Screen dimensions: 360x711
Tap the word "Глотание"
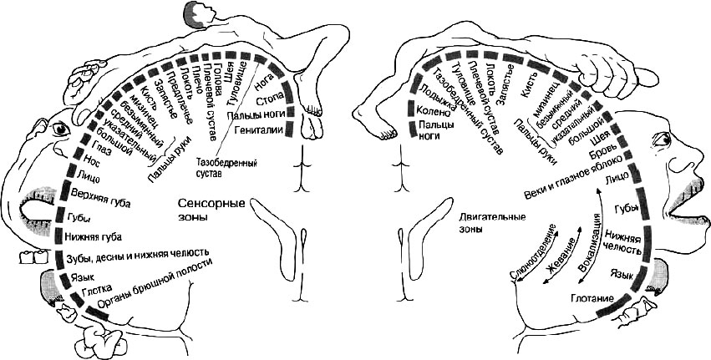595,297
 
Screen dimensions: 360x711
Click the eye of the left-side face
61,129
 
